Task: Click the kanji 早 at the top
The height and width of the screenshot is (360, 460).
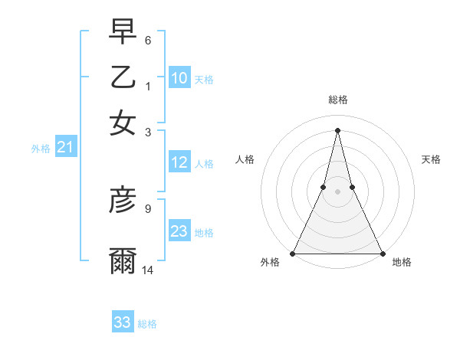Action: (x=123, y=33)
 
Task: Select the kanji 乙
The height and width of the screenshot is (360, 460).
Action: (x=123, y=77)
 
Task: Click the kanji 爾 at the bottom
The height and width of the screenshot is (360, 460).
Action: (x=123, y=261)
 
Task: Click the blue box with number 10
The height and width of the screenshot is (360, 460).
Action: (x=179, y=77)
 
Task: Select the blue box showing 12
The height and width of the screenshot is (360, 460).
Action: (x=179, y=162)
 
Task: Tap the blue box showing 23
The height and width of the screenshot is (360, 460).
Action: (x=179, y=231)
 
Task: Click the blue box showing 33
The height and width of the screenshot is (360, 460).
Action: (x=123, y=322)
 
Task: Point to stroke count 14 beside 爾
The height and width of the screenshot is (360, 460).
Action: (x=148, y=270)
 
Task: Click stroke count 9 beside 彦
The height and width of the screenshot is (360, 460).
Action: (x=148, y=208)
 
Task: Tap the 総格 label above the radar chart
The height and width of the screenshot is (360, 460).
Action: (x=337, y=100)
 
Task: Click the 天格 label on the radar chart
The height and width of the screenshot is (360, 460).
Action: (x=431, y=159)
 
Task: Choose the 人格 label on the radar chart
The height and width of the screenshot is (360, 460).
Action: (x=245, y=159)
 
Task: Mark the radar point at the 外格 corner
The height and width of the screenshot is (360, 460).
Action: (x=294, y=253)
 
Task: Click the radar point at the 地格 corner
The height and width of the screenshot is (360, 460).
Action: (x=381, y=253)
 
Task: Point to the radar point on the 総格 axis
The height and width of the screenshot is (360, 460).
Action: (x=337, y=129)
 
